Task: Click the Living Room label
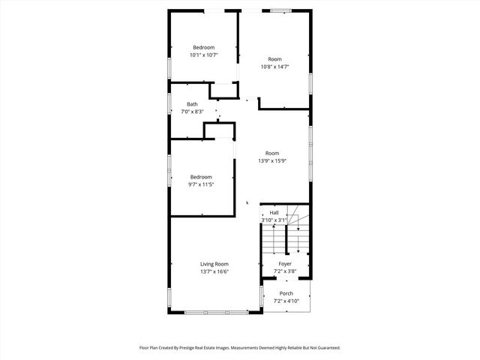point(214,264)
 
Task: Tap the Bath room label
point(193,104)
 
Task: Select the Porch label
point(286,293)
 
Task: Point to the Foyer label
point(285,264)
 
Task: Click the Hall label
point(274,213)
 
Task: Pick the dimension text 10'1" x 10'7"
point(203,55)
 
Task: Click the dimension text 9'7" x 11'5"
point(202,184)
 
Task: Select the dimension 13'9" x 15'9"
point(271,161)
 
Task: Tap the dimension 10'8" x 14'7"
point(275,67)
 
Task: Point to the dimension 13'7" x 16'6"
point(214,271)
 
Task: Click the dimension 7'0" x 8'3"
point(193,112)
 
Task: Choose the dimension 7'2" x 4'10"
point(286,301)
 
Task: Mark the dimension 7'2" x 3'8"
point(285,271)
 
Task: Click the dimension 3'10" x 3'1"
point(274,220)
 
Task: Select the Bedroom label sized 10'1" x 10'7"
point(203,47)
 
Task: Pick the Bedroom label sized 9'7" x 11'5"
point(202,177)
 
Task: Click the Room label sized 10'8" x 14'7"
point(275,59)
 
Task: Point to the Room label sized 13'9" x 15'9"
point(271,154)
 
